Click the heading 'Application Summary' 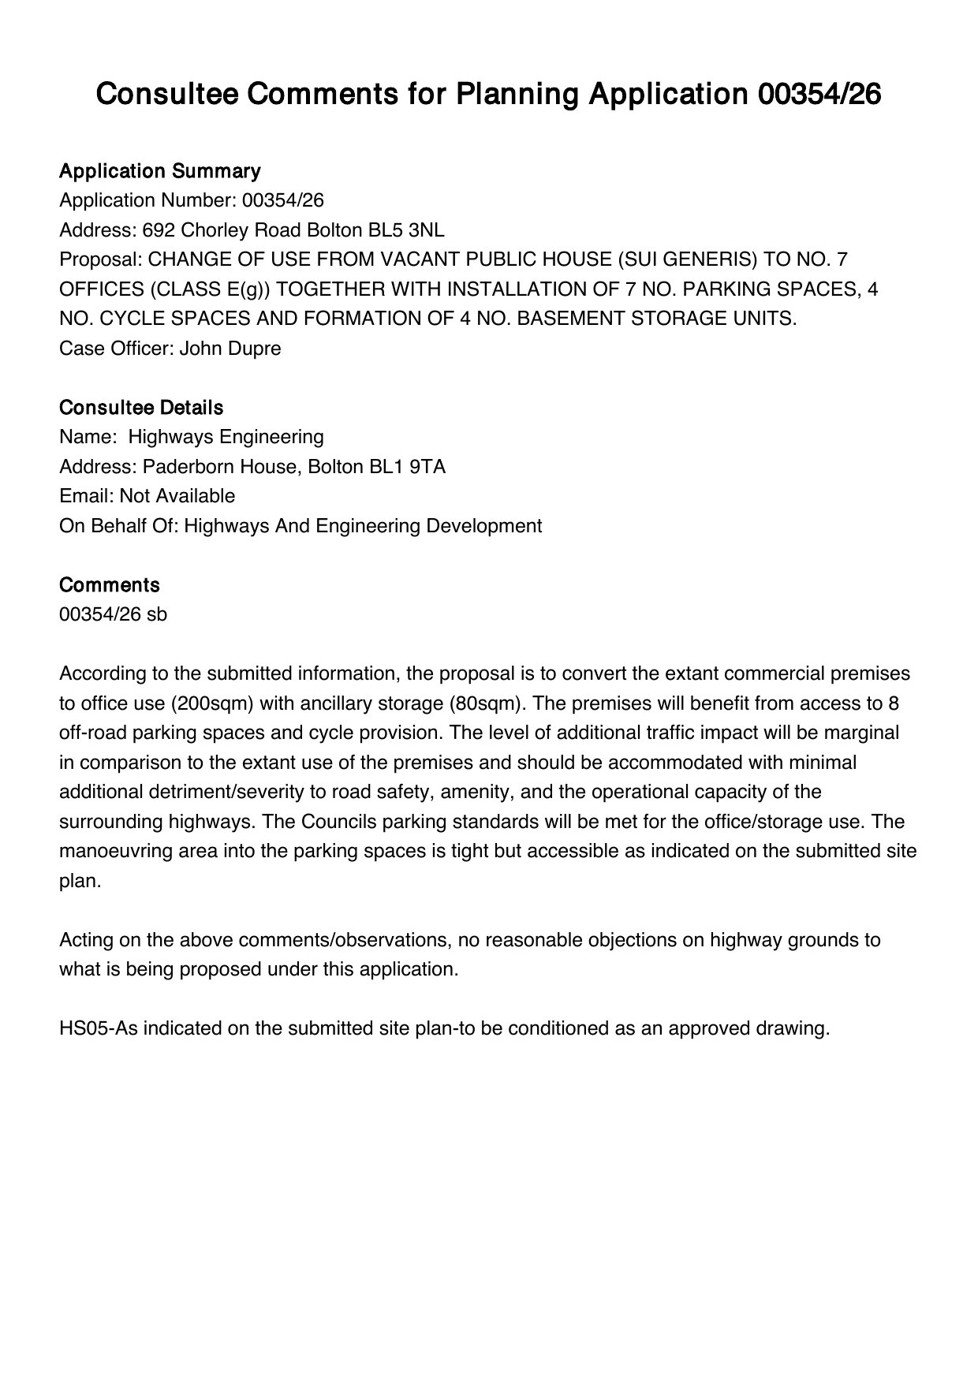tap(159, 171)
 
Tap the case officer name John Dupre tap(230, 349)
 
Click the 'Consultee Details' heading tap(141, 408)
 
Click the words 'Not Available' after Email tap(177, 496)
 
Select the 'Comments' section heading tap(110, 585)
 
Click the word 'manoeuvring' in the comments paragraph tap(109, 852)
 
